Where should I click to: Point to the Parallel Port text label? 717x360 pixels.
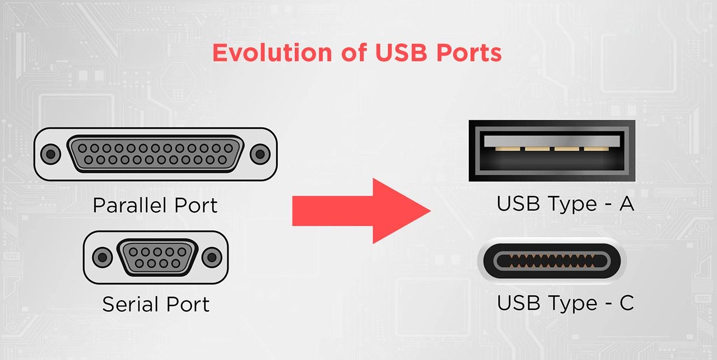pyautogui.click(x=155, y=205)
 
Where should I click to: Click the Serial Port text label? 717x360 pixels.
pyautogui.click(x=155, y=305)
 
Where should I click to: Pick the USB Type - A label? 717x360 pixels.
pyautogui.click(x=565, y=204)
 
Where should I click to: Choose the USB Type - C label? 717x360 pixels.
pyautogui.click(x=565, y=303)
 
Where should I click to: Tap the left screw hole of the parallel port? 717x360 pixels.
pyautogui.click(x=52, y=153)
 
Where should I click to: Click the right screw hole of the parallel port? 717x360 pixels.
pyautogui.click(x=259, y=153)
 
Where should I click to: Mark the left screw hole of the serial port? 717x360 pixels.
pyautogui.click(x=101, y=257)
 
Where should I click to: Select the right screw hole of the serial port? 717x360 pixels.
pyautogui.click(x=211, y=257)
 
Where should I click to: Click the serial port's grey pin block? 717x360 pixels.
pyautogui.click(x=156, y=257)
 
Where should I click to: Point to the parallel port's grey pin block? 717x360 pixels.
pyautogui.click(x=156, y=154)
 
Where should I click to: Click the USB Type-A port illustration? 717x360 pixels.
pyautogui.click(x=552, y=151)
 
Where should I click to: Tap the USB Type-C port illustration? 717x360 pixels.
pyautogui.click(x=552, y=261)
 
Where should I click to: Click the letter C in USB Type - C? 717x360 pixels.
pyautogui.click(x=626, y=303)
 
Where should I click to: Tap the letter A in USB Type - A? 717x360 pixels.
pyautogui.click(x=626, y=204)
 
